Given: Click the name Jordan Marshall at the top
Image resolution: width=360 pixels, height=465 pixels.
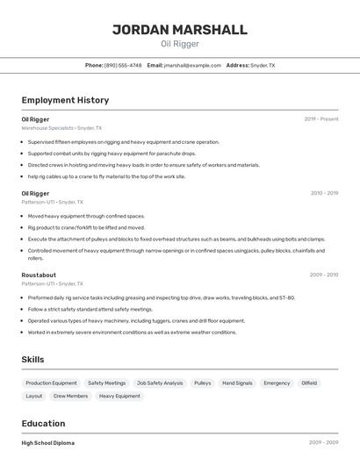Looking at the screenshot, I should (180, 30).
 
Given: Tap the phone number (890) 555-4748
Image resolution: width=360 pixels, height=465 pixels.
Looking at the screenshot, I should (123, 65).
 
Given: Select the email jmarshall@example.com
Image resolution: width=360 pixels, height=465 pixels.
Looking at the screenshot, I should (191, 65).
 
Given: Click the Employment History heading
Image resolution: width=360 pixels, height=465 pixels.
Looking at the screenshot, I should (65, 100).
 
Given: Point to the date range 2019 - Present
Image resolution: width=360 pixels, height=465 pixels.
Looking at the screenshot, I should (321, 119).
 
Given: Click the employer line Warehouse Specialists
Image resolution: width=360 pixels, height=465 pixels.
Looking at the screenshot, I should (61, 128).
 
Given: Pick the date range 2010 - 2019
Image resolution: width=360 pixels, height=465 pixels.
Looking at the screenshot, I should (324, 193).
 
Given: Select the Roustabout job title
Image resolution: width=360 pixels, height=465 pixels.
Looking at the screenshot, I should (39, 275).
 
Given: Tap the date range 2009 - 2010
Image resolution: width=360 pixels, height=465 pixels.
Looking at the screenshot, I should (324, 275).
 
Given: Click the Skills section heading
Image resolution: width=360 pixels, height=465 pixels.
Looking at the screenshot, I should (32, 359).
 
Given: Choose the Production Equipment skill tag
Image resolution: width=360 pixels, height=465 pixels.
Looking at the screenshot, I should (51, 383).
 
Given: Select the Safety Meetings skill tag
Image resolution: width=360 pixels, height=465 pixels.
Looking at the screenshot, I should (106, 383).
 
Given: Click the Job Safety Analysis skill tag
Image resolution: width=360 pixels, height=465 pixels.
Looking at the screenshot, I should (160, 383).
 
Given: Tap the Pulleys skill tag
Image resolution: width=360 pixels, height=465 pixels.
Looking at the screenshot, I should (202, 383).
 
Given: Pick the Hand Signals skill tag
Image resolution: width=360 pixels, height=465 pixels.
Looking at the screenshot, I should (237, 383).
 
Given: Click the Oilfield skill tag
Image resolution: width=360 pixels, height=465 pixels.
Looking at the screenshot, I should (309, 383).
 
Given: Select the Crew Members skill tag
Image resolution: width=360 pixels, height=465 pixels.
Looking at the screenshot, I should (70, 397).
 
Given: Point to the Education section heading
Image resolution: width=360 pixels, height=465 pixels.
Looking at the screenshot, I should (43, 423).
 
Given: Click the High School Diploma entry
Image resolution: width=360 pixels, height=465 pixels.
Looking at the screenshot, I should (48, 443).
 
